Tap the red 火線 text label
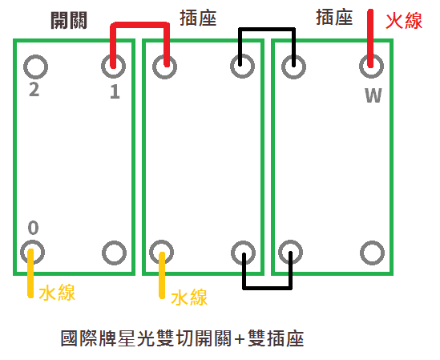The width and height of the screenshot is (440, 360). (404, 20)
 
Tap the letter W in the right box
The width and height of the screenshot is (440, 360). (373, 96)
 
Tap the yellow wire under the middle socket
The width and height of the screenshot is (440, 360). (163, 277)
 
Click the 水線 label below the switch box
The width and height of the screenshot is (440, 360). (57, 293)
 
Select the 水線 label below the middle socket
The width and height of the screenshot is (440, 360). (189, 297)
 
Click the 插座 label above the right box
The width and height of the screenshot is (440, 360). (336, 18)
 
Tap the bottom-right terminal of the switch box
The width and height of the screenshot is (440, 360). (115, 253)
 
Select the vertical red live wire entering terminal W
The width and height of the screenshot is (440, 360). (371, 36)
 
